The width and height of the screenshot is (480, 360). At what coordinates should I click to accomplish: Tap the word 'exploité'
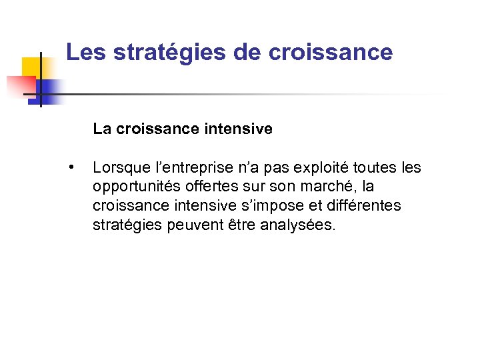[x=305, y=167]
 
